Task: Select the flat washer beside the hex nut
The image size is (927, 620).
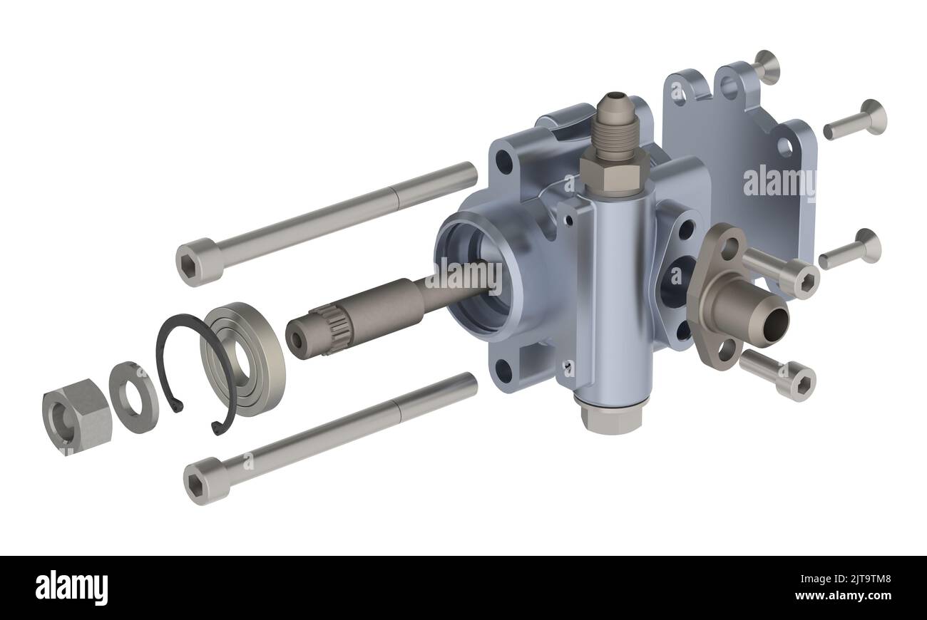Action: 133,397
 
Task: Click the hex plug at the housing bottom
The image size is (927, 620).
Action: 613,418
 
